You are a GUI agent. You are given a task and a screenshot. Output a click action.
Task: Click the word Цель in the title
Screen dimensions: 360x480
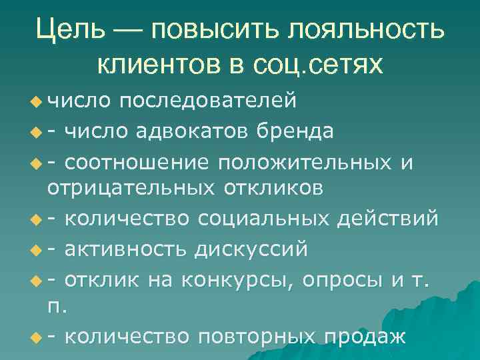tap(71, 29)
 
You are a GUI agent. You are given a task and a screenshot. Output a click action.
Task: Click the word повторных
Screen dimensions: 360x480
tap(261, 336)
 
